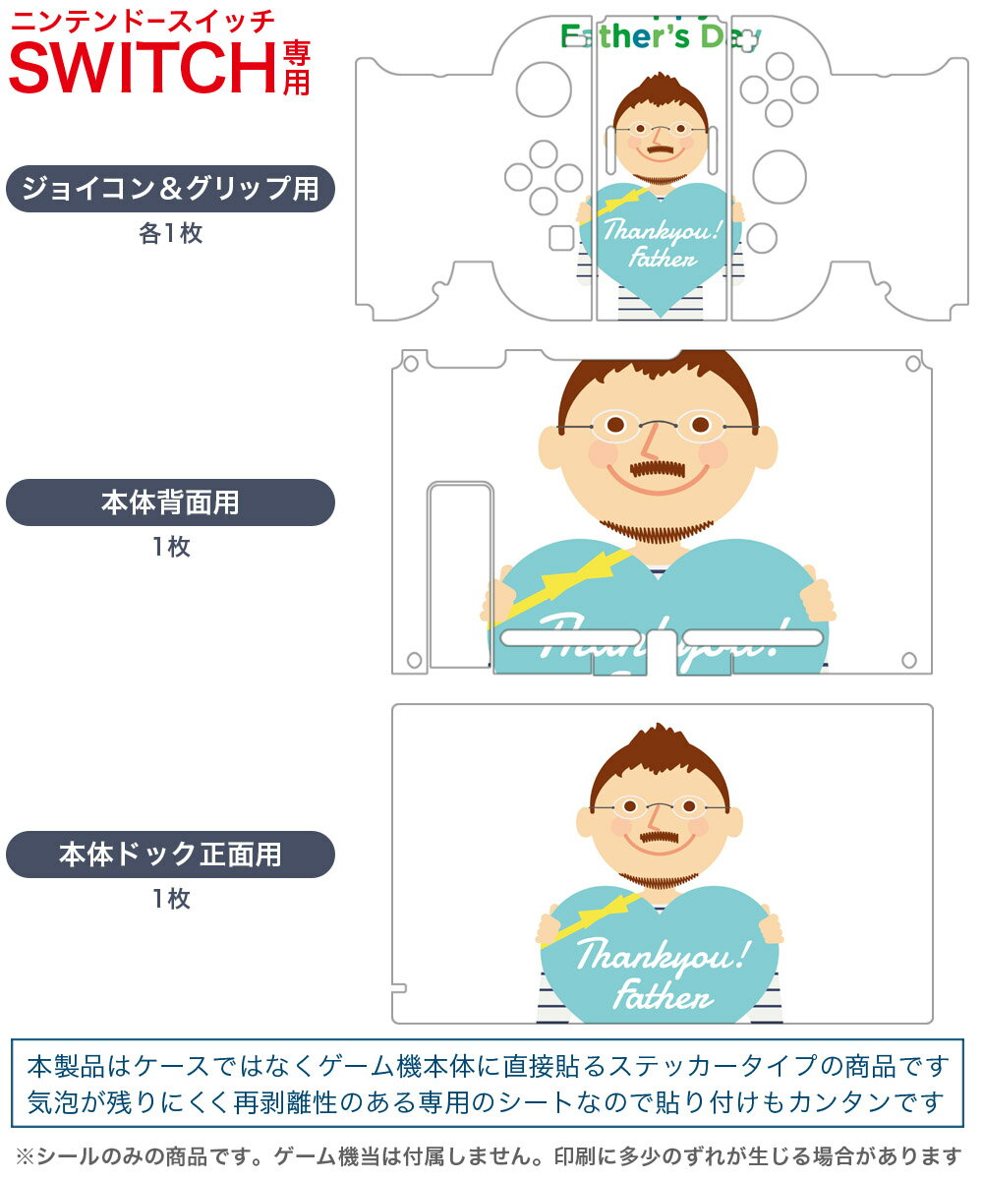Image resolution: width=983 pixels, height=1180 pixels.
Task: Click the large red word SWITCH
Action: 143,67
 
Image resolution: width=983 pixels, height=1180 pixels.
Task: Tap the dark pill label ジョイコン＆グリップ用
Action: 170,189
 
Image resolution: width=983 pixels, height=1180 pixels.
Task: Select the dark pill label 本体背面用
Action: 170,502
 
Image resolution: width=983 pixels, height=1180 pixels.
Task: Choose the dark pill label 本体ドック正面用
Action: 170,855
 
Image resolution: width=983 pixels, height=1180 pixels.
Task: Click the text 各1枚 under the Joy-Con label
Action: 170,234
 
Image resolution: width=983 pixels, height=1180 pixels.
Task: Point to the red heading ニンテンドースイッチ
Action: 143,20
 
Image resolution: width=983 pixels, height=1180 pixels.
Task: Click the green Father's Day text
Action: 661,36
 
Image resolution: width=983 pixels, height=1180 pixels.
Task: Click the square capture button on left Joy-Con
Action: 561,238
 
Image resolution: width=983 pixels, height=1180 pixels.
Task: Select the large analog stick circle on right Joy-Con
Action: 780,176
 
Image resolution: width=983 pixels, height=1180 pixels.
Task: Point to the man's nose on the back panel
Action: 649,441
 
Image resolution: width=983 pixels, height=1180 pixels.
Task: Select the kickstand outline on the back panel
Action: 460,575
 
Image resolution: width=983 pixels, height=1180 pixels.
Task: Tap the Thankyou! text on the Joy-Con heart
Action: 662,232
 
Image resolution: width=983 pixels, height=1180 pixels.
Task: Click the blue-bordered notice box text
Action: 489,1083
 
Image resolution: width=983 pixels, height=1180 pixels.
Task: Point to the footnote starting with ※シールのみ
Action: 489,1155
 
